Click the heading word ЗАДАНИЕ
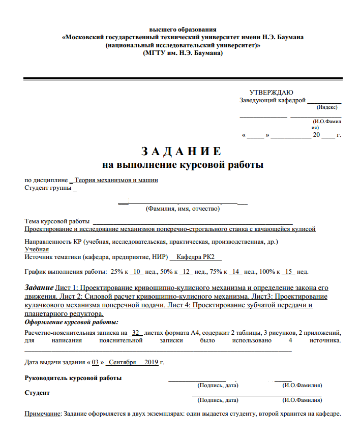tap(181, 152)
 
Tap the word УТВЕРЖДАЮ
tap(271, 92)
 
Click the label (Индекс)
tap(326, 107)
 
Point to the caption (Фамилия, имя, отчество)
tap(183, 209)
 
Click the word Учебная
tap(37, 249)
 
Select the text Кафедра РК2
tap(196, 258)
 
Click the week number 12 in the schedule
tap(187, 271)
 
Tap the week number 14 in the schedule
tap(235, 271)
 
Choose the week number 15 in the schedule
tap(288, 271)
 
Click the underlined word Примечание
tap(43, 413)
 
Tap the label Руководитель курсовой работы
tap(73, 377)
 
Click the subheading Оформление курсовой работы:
tap(72, 322)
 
